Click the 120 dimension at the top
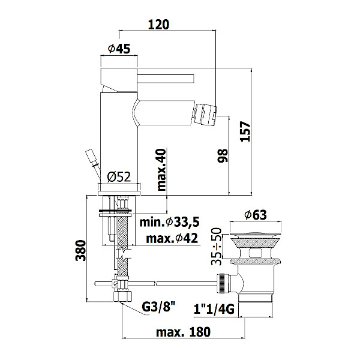click(x=158, y=25)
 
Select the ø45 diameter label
click(x=119, y=49)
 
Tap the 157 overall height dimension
click(x=245, y=131)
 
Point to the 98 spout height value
click(x=223, y=155)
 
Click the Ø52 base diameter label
click(x=119, y=177)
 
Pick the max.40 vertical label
click(x=161, y=170)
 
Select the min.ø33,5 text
click(x=169, y=222)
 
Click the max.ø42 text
click(x=172, y=239)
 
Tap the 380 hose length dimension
click(x=80, y=250)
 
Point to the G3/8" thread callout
click(x=158, y=307)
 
